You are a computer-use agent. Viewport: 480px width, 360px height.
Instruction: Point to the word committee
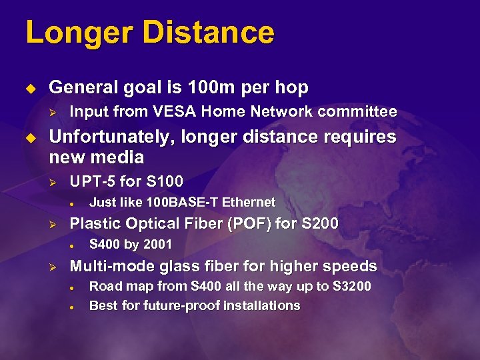click(x=355, y=111)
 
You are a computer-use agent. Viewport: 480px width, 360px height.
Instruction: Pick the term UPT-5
click(x=91, y=181)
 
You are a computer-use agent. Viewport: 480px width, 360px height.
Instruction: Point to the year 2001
click(x=157, y=245)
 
